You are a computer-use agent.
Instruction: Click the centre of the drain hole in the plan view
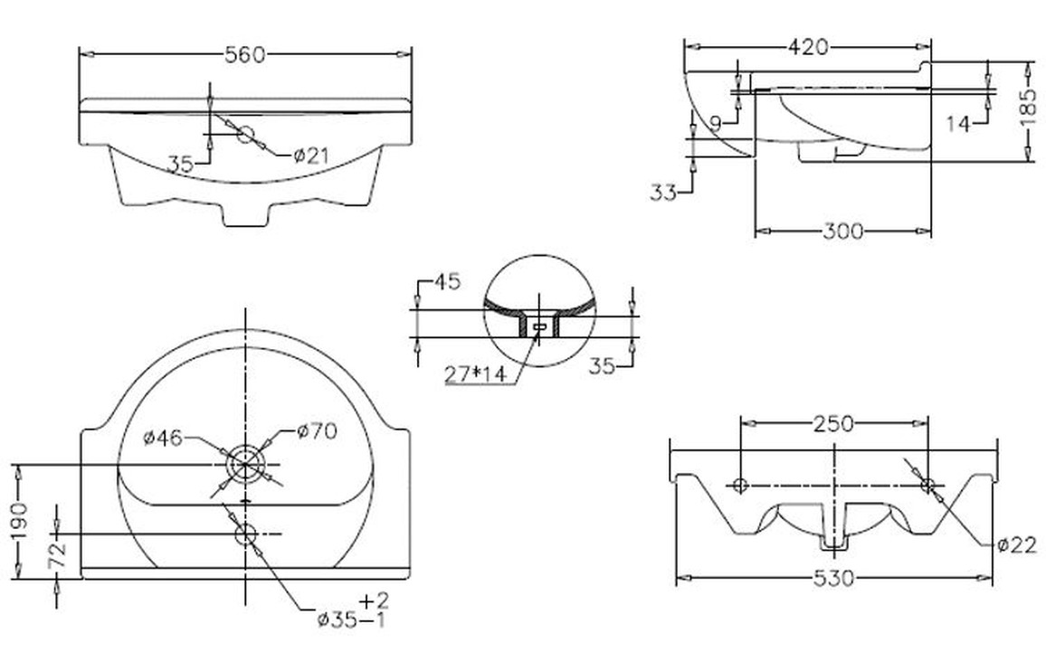[245, 464]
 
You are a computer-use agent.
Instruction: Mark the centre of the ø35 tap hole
[245, 534]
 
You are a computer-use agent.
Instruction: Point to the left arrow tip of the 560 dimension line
[80, 54]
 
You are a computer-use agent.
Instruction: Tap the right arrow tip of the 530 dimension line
[992, 577]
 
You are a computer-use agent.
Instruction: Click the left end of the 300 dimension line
[756, 232]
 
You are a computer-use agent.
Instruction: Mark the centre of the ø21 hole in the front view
[245, 134]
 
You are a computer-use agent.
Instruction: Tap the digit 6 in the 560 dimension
[246, 54]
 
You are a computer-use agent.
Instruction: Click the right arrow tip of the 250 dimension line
[927, 423]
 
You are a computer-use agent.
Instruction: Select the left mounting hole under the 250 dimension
[740, 485]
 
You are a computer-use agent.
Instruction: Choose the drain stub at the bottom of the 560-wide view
[245, 214]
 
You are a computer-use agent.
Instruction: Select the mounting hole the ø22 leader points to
[927, 485]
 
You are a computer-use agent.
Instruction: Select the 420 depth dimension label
[809, 47]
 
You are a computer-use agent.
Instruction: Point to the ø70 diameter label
[317, 431]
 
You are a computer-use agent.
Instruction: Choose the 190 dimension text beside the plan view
[20, 521]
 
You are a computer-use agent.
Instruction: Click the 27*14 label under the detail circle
[476, 375]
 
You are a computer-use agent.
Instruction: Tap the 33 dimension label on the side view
[663, 193]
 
